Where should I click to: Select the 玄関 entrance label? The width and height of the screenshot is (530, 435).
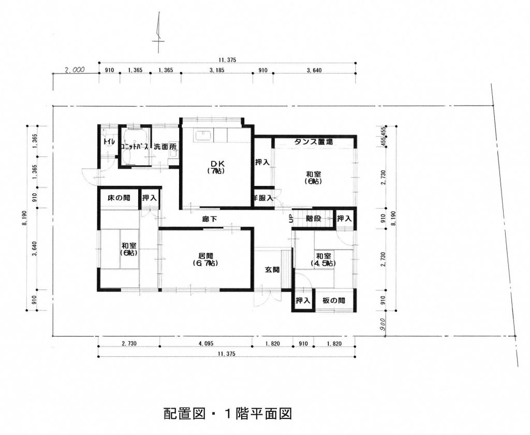click(272, 269)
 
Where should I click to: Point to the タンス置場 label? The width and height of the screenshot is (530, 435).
click(314, 142)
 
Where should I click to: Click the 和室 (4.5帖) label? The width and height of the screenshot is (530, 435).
click(324, 260)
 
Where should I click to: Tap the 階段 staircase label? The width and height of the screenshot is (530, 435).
click(314, 219)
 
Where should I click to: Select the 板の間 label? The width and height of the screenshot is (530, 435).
click(334, 301)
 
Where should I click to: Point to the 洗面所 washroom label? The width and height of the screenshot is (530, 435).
click(165, 147)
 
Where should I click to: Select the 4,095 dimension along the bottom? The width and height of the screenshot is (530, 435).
click(205, 343)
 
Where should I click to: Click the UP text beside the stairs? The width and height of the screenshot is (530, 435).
click(291, 219)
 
